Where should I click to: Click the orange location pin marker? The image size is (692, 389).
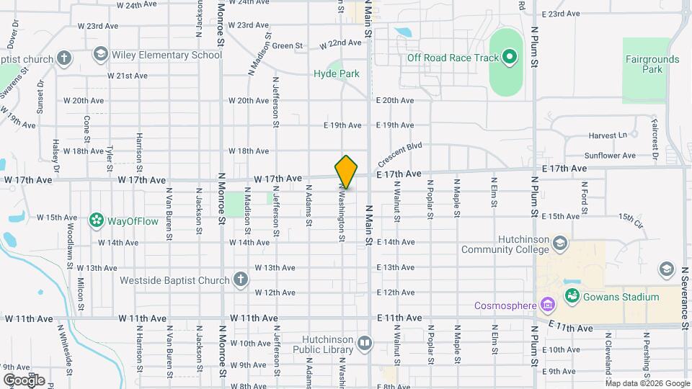pos(346,171)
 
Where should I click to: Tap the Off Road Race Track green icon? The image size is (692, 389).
pos(510,57)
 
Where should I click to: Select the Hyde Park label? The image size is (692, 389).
pos(336,73)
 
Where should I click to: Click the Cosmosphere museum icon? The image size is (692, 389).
pos(549,305)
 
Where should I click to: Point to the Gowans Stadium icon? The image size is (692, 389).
pos(572,296)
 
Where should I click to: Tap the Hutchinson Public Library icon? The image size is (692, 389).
pos(365,343)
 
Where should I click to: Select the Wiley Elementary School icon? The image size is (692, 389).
pos(100,55)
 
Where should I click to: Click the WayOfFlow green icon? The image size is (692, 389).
pos(96,219)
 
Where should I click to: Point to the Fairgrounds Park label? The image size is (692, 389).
pos(644,64)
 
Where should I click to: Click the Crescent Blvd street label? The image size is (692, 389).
pos(399,155)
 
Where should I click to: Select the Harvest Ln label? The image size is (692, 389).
pos(608,135)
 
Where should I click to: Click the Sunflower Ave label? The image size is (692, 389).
pos(610,155)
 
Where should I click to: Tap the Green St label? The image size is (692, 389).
pos(287,45)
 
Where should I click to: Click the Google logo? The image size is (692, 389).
pos(24,380)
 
